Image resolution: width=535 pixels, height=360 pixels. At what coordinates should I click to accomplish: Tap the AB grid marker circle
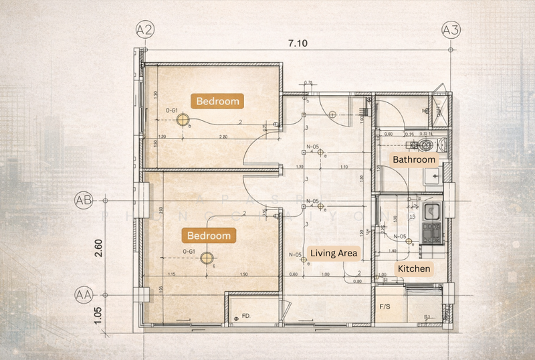click(84, 200)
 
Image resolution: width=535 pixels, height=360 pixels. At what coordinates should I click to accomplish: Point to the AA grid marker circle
click(84, 294)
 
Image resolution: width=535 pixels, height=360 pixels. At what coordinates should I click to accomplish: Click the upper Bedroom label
click(217, 101)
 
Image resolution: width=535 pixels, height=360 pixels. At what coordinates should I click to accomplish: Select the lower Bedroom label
click(209, 236)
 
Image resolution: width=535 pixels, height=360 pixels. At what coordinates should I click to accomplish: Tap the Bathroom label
click(414, 160)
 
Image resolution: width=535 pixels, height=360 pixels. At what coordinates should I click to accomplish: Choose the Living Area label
click(335, 253)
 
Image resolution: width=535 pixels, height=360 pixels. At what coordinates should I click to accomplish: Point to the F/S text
click(385, 306)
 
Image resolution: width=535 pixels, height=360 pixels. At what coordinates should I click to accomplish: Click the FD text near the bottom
click(245, 314)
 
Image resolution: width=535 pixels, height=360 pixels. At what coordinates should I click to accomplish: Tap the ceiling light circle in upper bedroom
click(181, 120)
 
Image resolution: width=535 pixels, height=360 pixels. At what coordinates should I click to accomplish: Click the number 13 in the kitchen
click(413, 216)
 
